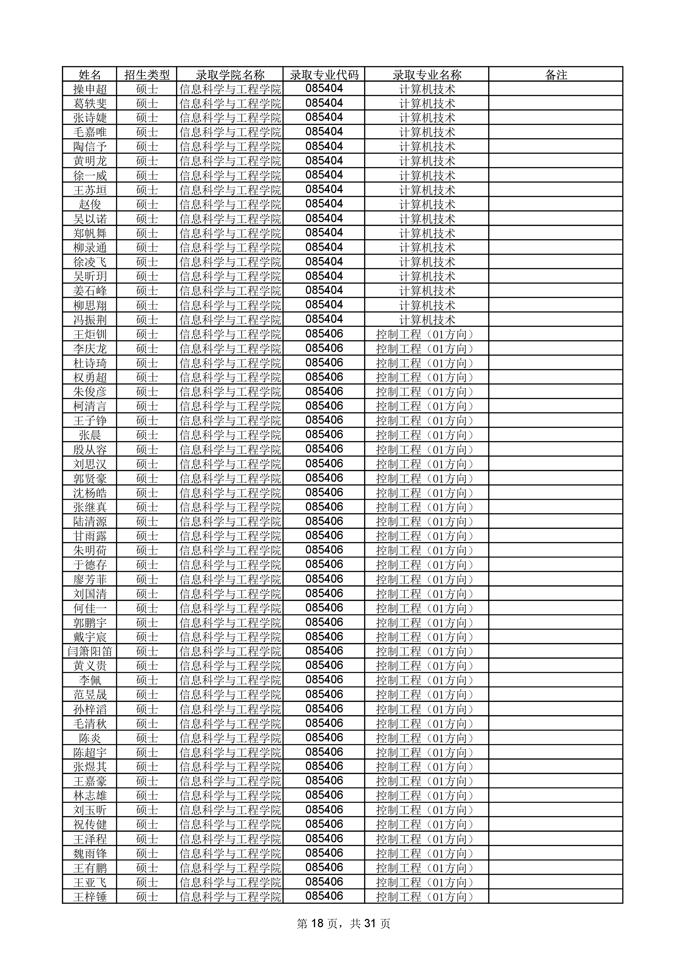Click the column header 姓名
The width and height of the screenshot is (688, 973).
[90, 75]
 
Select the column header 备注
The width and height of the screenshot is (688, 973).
[555, 75]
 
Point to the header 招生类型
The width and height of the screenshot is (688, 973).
[147, 75]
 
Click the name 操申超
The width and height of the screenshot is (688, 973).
[90, 89]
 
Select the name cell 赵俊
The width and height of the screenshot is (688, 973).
[90, 204]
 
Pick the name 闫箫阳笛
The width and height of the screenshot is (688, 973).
[90, 651]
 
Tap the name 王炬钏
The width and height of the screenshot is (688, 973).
[90, 334]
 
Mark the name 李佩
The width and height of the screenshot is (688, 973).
[90, 680]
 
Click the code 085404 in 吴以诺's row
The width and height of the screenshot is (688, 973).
[324, 218]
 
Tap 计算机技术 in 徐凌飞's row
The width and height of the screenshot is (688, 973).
[427, 262]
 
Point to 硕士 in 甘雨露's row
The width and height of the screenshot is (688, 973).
[147, 536]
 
